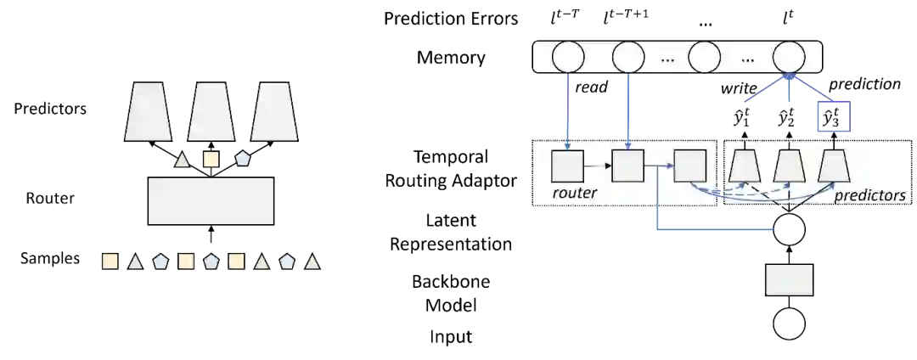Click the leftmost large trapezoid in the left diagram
pyautogui.click(x=149, y=111)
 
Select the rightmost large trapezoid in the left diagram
pyautogui.click(x=274, y=111)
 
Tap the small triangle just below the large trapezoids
pyautogui.click(x=182, y=159)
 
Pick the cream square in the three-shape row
pyautogui.click(x=211, y=159)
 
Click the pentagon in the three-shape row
pyautogui.click(x=243, y=159)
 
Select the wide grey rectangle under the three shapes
pyautogui.click(x=211, y=200)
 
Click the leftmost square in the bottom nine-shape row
pyautogui.click(x=110, y=262)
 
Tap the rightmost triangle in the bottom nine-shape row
pyautogui.click(x=312, y=262)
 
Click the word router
pyautogui.click(x=575, y=194)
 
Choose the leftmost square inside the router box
pyautogui.click(x=567, y=166)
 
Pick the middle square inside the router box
pyautogui.click(x=627, y=166)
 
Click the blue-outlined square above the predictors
pyautogui.click(x=835, y=115)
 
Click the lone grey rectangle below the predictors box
pyautogui.click(x=790, y=280)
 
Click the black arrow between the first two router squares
pyautogui.click(x=598, y=166)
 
